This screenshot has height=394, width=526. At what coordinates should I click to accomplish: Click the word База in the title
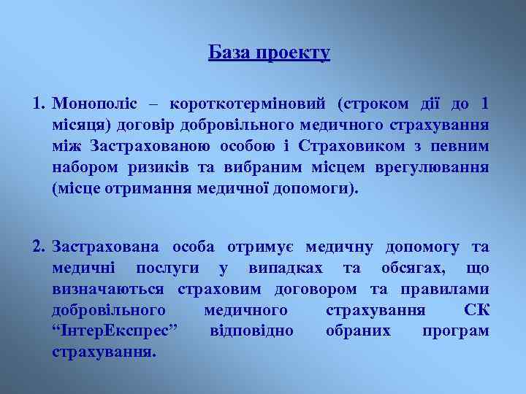tap(225, 53)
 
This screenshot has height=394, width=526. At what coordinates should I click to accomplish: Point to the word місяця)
tap(81, 125)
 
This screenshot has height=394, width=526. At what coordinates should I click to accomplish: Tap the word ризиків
tap(159, 168)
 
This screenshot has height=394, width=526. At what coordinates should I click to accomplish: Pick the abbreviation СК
tap(476, 310)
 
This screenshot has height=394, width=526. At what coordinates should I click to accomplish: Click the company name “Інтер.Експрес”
tap(115, 331)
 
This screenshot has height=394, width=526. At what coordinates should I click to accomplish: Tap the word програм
tap(455, 331)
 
